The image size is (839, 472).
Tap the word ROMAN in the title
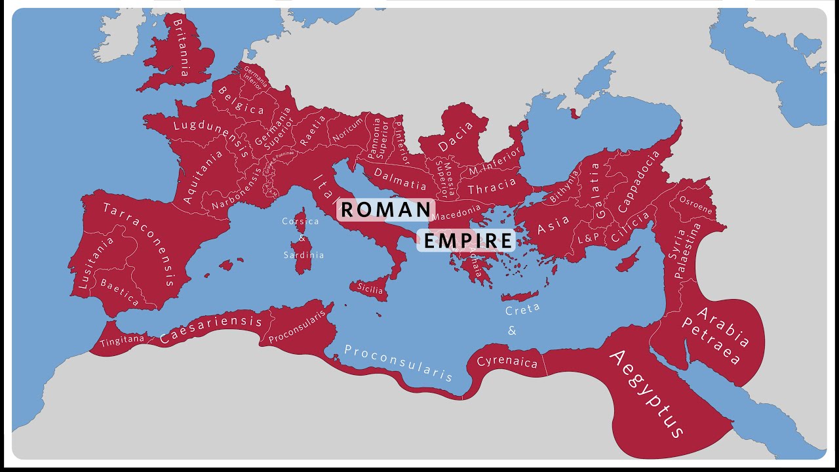(x=386, y=210)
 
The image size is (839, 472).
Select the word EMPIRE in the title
(x=466, y=241)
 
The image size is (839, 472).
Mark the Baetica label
(x=119, y=292)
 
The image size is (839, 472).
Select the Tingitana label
(x=123, y=340)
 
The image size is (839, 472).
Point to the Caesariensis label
(x=211, y=327)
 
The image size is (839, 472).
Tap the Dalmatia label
(x=400, y=178)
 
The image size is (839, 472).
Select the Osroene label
(x=695, y=205)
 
